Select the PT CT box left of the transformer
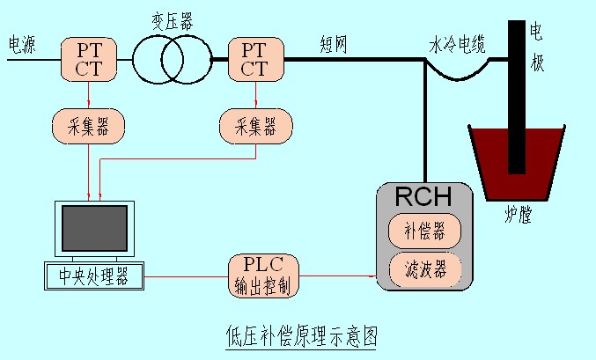(89, 58)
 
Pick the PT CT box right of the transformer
(254, 58)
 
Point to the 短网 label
(334, 44)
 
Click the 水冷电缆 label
(457, 45)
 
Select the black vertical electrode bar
(517, 97)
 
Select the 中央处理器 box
(93, 276)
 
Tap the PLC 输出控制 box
(263, 276)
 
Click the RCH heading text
(424, 198)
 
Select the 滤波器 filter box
(424, 269)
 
